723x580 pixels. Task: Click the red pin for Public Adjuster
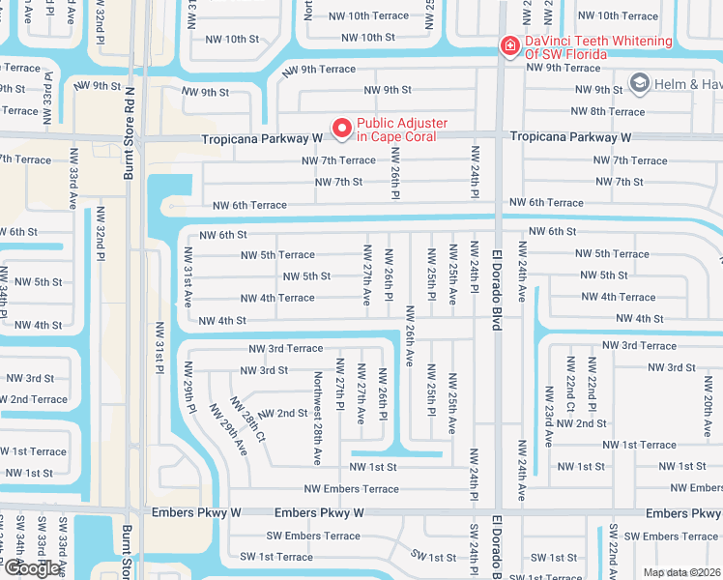click(x=341, y=128)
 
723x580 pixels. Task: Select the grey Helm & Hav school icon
click(x=638, y=84)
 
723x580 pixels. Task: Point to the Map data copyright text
click(x=681, y=572)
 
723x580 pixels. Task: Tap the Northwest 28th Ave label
click(x=318, y=404)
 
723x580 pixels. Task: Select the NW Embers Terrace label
click(x=351, y=489)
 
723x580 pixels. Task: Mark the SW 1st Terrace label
click(x=276, y=557)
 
